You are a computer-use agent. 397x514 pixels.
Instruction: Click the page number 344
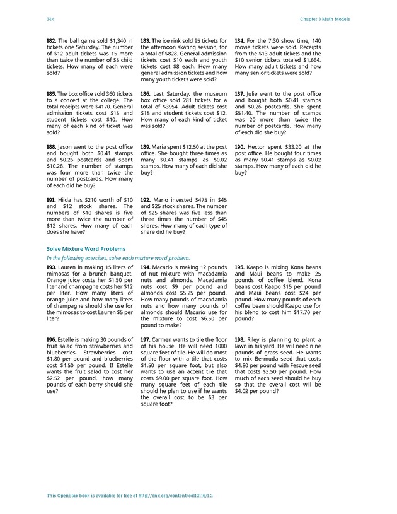coord(50,20)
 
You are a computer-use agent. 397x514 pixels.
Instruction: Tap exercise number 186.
coord(146,93)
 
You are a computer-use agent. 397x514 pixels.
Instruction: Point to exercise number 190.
coord(239,146)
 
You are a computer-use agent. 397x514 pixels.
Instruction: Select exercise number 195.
coord(239,267)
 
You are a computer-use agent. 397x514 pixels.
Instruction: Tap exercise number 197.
coord(146,339)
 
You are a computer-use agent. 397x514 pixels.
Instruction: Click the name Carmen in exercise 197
coord(166,339)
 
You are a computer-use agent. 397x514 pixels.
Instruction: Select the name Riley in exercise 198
coord(257,339)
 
